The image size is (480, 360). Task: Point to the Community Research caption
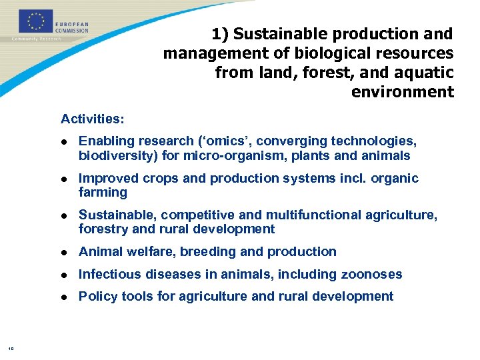point(36,39)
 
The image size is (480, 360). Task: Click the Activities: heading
point(92,119)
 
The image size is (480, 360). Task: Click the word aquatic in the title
point(421,72)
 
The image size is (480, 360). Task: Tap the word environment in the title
point(402,91)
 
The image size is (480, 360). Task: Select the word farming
point(103,193)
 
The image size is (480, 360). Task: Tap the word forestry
point(103,229)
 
